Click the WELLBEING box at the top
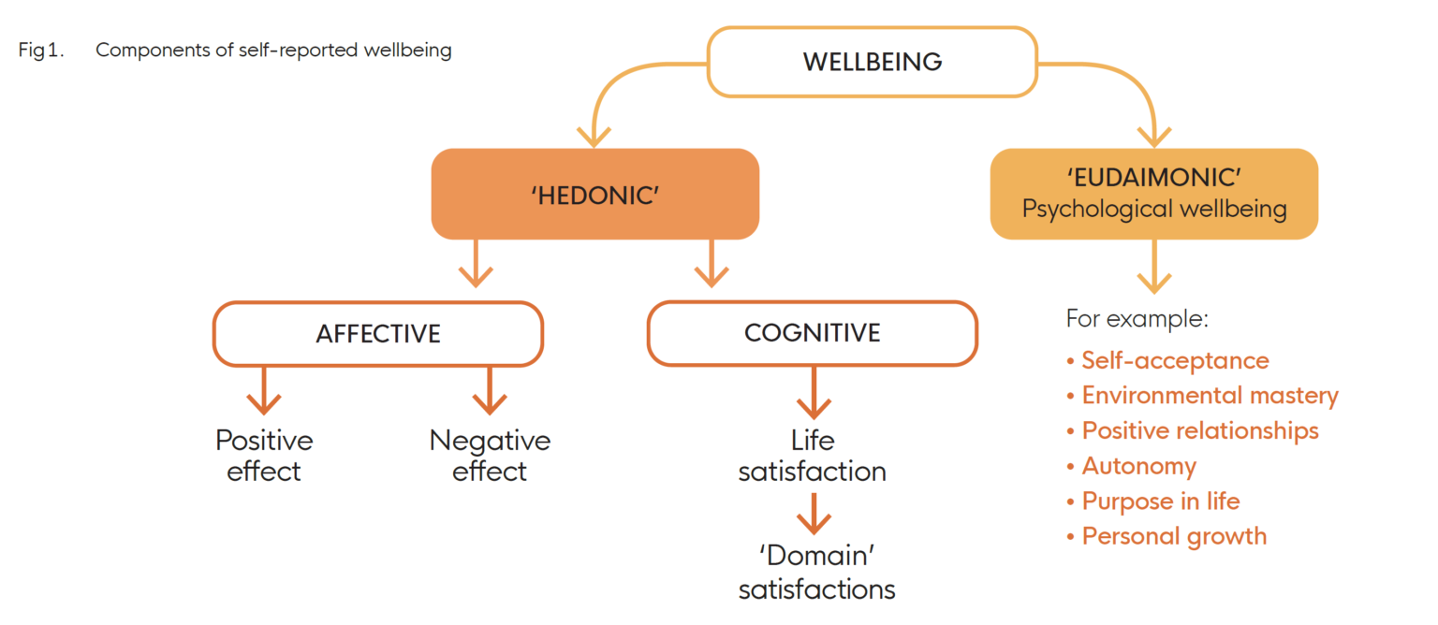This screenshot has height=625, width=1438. (872, 62)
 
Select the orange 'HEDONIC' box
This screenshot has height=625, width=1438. (594, 194)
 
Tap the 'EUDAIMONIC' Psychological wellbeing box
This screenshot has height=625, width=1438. (1153, 194)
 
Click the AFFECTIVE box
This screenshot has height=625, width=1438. (378, 333)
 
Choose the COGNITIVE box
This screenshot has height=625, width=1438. (812, 333)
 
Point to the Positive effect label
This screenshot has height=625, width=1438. (264, 456)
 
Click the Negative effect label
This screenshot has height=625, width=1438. (490, 456)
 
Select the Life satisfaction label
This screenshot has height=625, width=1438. (812, 456)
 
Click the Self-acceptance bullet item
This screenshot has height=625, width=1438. (1175, 360)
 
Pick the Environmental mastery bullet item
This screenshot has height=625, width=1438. (1210, 396)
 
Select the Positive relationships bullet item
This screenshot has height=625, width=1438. (1199, 430)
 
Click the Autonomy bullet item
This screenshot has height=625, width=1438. (1138, 466)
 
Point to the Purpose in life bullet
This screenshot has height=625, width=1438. (1160, 501)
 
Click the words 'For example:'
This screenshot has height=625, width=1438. (1137, 319)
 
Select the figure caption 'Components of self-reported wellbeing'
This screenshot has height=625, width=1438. (273, 51)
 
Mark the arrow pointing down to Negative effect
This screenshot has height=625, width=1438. (490, 391)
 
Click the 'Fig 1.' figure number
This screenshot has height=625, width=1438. (41, 51)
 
